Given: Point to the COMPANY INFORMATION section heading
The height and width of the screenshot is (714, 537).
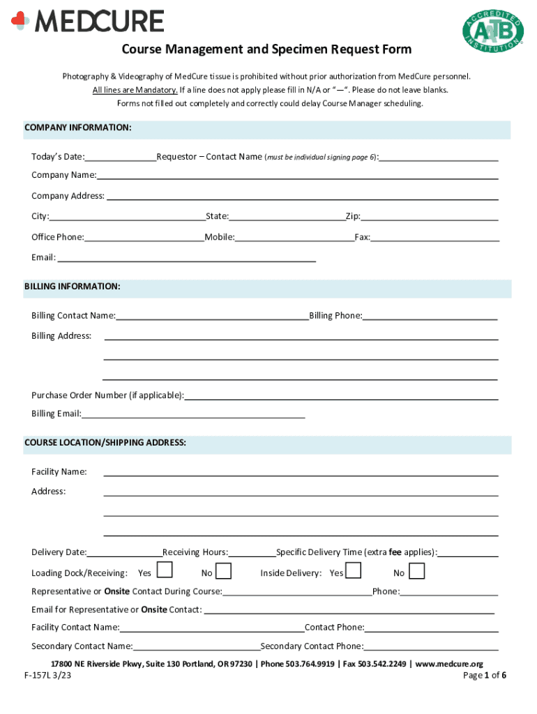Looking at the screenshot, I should pos(78,128).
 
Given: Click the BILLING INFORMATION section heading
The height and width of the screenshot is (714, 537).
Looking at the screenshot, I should pos(72,287).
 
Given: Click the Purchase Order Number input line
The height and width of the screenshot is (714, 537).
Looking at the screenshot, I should pos(341,395).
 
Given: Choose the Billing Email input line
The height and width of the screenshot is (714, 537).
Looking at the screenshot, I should pos(193,413).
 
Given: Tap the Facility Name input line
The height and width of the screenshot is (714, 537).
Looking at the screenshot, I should pos(301,472).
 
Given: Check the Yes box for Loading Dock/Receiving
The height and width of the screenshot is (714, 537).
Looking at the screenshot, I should pos(165,571).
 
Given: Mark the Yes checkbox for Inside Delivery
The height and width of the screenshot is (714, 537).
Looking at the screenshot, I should pos(354,571).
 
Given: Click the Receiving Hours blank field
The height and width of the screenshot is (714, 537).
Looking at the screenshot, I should pos(252,553).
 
